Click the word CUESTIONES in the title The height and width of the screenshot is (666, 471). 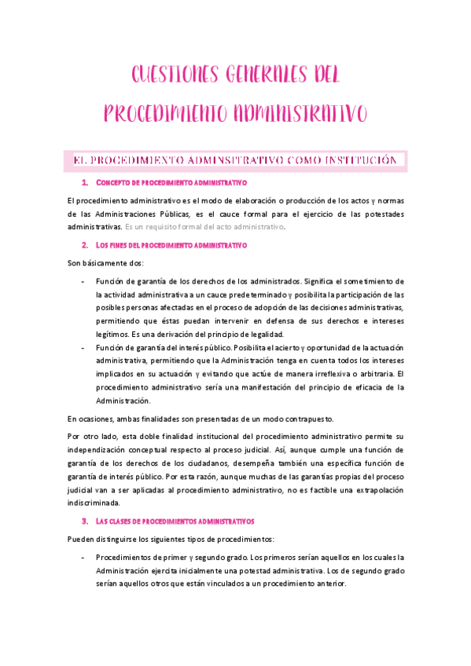(164, 76)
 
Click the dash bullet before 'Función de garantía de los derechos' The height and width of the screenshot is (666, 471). (83, 281)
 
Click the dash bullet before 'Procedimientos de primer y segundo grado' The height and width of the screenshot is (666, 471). (83, 557)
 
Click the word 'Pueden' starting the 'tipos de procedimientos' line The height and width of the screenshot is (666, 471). (81, 539)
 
